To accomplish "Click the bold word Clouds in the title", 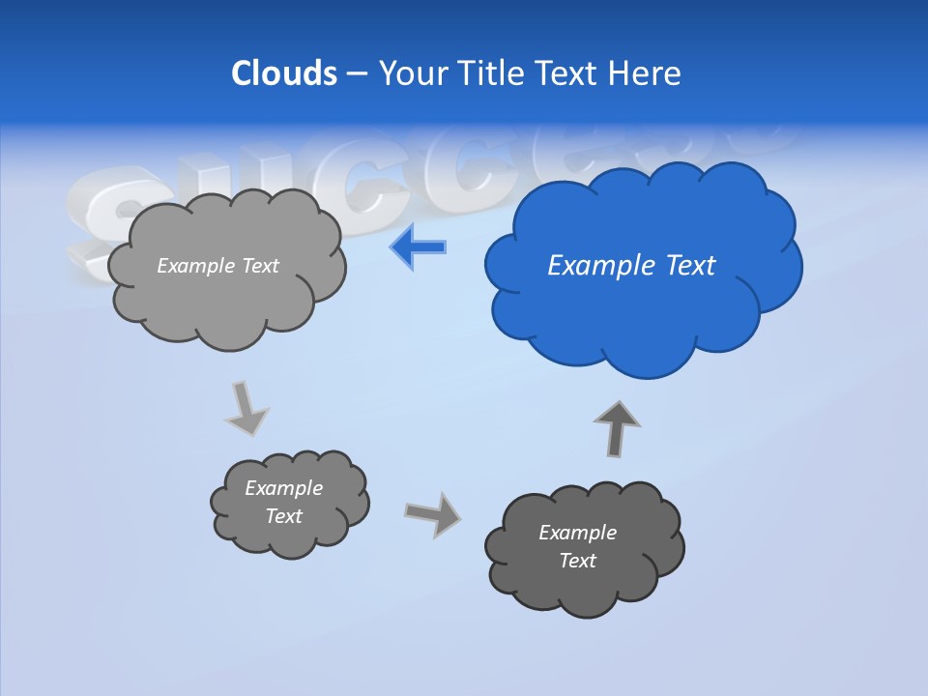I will (284, 73).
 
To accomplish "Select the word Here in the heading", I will (646, 73).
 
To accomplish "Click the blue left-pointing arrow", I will (419, 247).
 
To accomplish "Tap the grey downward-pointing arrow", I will (245, 407).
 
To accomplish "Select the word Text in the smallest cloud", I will (284, 516).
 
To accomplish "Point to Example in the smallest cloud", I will (284, 488).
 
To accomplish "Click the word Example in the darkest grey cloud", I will (577, 533).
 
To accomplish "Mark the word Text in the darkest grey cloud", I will (577, 561).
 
